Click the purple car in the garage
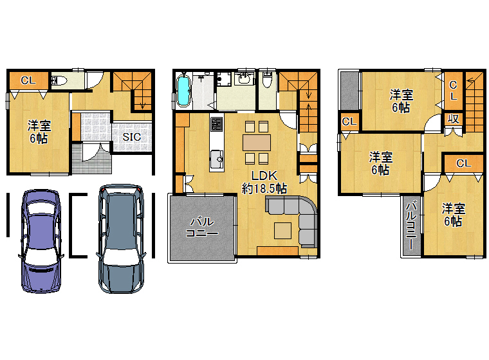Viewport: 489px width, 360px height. tap(41, 241)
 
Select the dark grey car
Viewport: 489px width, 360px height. tap(121, 239)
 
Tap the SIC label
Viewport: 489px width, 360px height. tap(131, 137)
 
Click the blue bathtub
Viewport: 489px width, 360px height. tap(183, 90)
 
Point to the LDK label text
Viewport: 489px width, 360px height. tap(264, 175)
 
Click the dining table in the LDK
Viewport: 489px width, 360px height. tap(257, 143)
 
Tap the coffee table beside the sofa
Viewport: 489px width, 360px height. tap(283, 231)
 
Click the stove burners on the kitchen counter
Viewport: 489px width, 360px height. tap(216, 124)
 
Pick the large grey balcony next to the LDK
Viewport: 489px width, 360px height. tap(202, 228)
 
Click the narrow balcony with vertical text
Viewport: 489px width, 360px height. tap(411, 226)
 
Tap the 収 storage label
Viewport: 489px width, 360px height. tap(453, 119)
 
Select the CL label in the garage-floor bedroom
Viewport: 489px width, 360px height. tap(28, 80)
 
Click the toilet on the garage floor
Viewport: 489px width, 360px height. tap(59, 80)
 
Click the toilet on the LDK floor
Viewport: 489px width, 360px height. tap(267, 80)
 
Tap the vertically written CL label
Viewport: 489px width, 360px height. tap(453, 90)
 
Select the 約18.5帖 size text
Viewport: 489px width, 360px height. tap(264, 188)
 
